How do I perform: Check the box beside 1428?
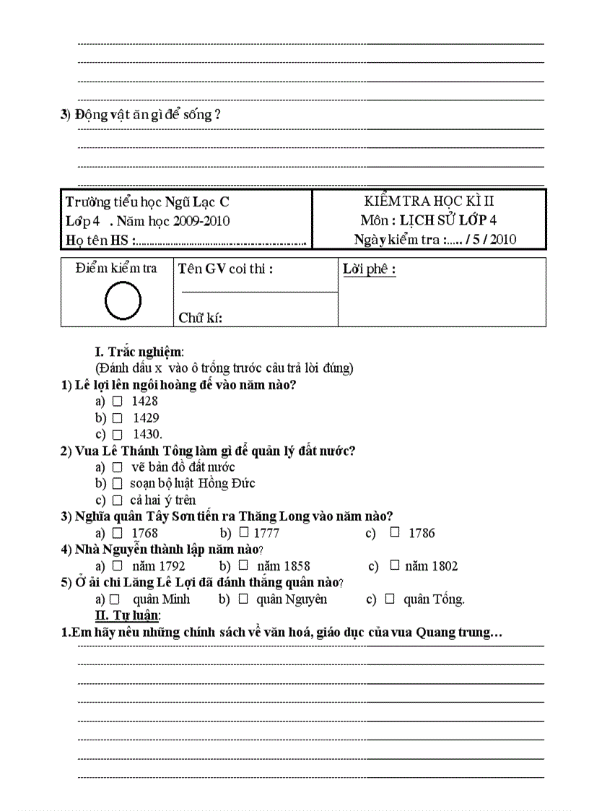[x=117, y=401]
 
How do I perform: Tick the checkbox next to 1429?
[x=117, y=417]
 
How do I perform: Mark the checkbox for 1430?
[x=117, y=434]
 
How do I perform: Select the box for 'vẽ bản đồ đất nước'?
[x=117, y=467]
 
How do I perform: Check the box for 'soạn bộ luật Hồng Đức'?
[x=117, y=483]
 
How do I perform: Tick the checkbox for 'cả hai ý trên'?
[x=117, y=500]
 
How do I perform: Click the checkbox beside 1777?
[x=244, y=533]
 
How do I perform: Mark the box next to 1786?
[x=395, y=533]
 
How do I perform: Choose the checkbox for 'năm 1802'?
[x=394, y=565]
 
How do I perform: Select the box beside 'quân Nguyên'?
[x=244, y=599]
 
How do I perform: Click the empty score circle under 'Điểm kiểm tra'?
[x=123, y=301]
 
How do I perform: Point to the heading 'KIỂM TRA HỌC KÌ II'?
[x=429, y=201]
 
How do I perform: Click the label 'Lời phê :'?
[x=369, y=270]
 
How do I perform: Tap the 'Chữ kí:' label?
[x=200, y=318]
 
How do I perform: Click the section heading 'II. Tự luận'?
[x=128, y=615]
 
